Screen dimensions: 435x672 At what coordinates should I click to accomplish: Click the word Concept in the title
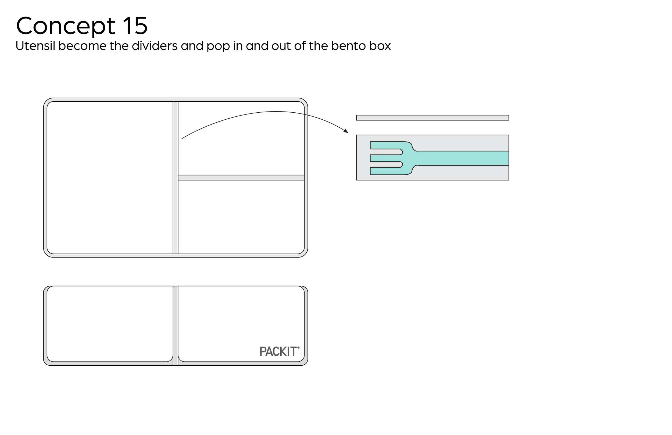(x=66, y=26)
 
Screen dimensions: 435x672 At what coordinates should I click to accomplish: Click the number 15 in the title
(x=135, y=26)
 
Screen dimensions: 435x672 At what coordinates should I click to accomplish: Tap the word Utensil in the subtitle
(x=35, y=46)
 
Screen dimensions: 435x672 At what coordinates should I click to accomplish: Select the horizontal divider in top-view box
(x=241, y=178)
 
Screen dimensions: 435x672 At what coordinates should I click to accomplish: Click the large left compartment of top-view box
(x=110, y=177)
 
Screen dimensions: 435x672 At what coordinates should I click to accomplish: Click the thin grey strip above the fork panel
(x=432, y=118)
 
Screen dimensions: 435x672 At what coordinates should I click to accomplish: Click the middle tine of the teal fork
(x=385, y=158)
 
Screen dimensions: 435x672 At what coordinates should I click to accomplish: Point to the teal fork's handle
(x=463, y=158)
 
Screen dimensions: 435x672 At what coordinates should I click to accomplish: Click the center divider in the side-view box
(x=175, y=325)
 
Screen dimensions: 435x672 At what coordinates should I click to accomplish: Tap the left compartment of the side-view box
(x=110, y=324)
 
